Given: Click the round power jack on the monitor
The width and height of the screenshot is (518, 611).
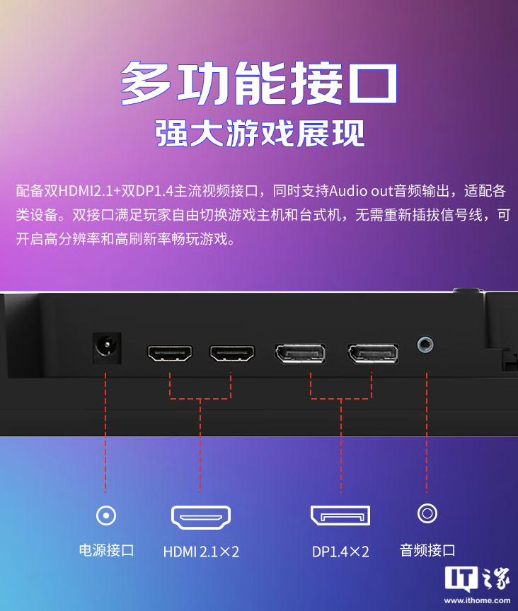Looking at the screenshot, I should point(106,348).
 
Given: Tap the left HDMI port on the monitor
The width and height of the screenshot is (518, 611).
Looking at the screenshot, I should point(170,353).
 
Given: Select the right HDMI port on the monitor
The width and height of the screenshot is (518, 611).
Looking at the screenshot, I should point(232,353).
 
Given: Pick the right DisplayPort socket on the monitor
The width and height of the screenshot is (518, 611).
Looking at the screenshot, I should point(372,353).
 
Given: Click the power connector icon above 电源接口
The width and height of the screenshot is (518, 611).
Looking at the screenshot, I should point(106,515).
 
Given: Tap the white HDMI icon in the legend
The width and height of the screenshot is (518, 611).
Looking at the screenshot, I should point(200,518).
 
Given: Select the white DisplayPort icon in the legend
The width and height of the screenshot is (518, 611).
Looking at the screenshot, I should point(340,515).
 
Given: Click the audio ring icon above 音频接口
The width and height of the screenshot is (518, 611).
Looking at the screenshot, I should point(427,513).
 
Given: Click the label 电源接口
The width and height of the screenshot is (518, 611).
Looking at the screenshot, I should point(106,550).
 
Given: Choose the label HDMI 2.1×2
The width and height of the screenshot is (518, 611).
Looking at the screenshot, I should point(201,551).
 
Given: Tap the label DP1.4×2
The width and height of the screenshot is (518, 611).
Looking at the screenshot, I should point(340,551).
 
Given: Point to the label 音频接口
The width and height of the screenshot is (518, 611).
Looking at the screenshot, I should point(427,550).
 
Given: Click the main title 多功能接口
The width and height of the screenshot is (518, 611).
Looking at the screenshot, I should point(259,83).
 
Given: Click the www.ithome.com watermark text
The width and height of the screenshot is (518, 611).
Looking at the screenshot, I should point(476,600).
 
